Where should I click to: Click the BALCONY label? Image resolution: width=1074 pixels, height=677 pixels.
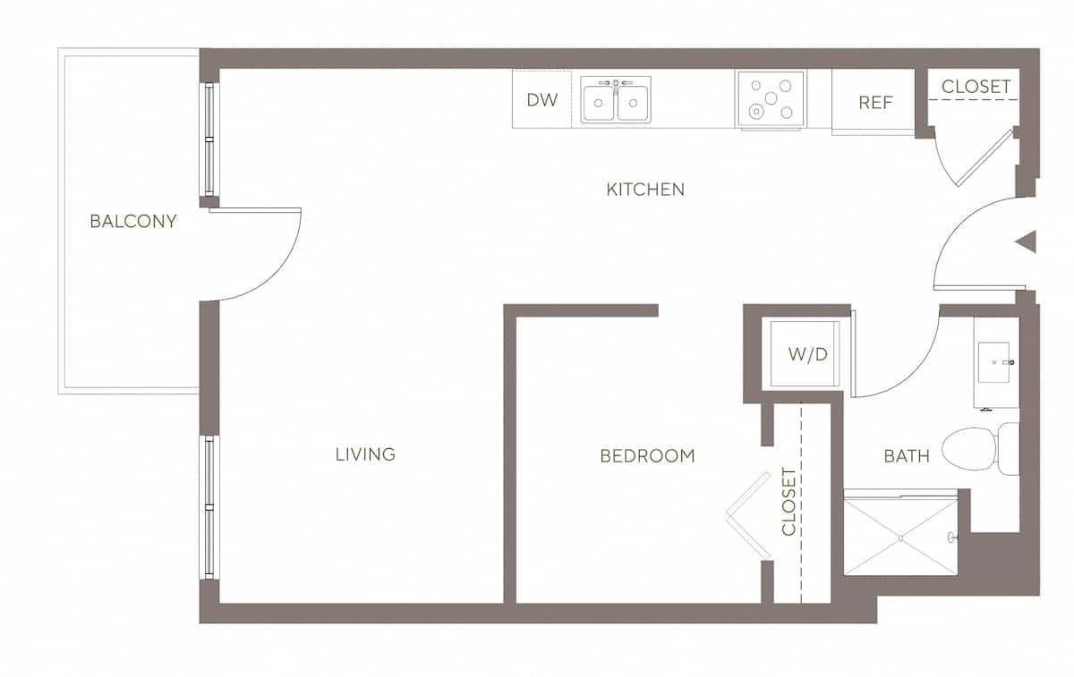point(133,221)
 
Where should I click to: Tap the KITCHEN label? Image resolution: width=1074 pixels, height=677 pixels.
point(645,190)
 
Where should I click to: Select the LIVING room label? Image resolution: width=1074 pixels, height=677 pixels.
point(365,454)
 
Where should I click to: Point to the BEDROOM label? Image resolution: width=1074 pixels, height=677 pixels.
point(647,456)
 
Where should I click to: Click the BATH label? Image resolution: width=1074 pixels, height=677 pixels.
point(907,456)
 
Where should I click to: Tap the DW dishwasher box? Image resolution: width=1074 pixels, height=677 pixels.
point(541,99)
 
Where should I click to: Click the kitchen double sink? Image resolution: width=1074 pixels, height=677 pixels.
point(616,99)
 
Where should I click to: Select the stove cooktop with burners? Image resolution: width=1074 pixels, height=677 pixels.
point(771,99)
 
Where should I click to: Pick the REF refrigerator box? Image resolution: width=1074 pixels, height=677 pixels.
point(875,102)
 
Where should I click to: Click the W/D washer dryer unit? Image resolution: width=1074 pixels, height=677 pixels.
point(806,354)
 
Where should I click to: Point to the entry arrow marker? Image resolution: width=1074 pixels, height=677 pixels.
point(1027,241)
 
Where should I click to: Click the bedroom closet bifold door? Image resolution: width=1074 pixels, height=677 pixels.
point(747,516)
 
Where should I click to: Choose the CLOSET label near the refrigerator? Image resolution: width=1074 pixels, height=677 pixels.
point(976,87)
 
